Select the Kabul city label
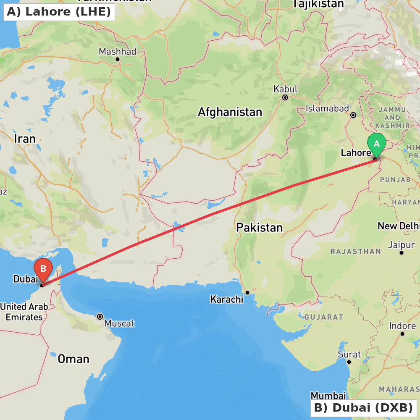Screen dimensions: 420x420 point(285,89)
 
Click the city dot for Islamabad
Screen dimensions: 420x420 point(353,115)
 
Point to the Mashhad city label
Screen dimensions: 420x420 point(118,52)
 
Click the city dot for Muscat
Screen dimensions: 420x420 point(100,316)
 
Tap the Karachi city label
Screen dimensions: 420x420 point(227,299)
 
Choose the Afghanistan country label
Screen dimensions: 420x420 point(230,112)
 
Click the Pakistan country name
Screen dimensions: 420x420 point(259,228)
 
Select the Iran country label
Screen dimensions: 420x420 point(25,139)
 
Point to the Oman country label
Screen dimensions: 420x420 point(73,359)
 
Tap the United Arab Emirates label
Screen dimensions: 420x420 point(24,312)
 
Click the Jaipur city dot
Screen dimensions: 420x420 point(402,253)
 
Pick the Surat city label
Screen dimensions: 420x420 point(349,354)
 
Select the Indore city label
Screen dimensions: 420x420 point(402,326)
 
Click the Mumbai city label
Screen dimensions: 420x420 point(328,396)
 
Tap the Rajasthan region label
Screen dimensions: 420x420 point(355,252)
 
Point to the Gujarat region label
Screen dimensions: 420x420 point(324,317)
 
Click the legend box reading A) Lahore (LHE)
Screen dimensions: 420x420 point(59,12)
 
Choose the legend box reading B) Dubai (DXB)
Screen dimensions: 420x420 point(363,407)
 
